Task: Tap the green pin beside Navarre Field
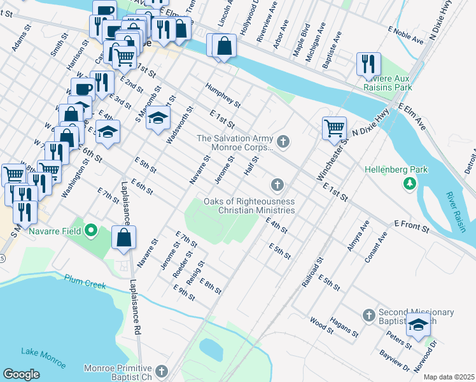90,230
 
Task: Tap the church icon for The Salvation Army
283,141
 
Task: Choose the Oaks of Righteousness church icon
276,185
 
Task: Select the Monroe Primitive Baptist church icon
162,371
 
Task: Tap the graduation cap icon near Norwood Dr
418,325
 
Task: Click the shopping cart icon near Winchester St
334,128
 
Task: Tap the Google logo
21,374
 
